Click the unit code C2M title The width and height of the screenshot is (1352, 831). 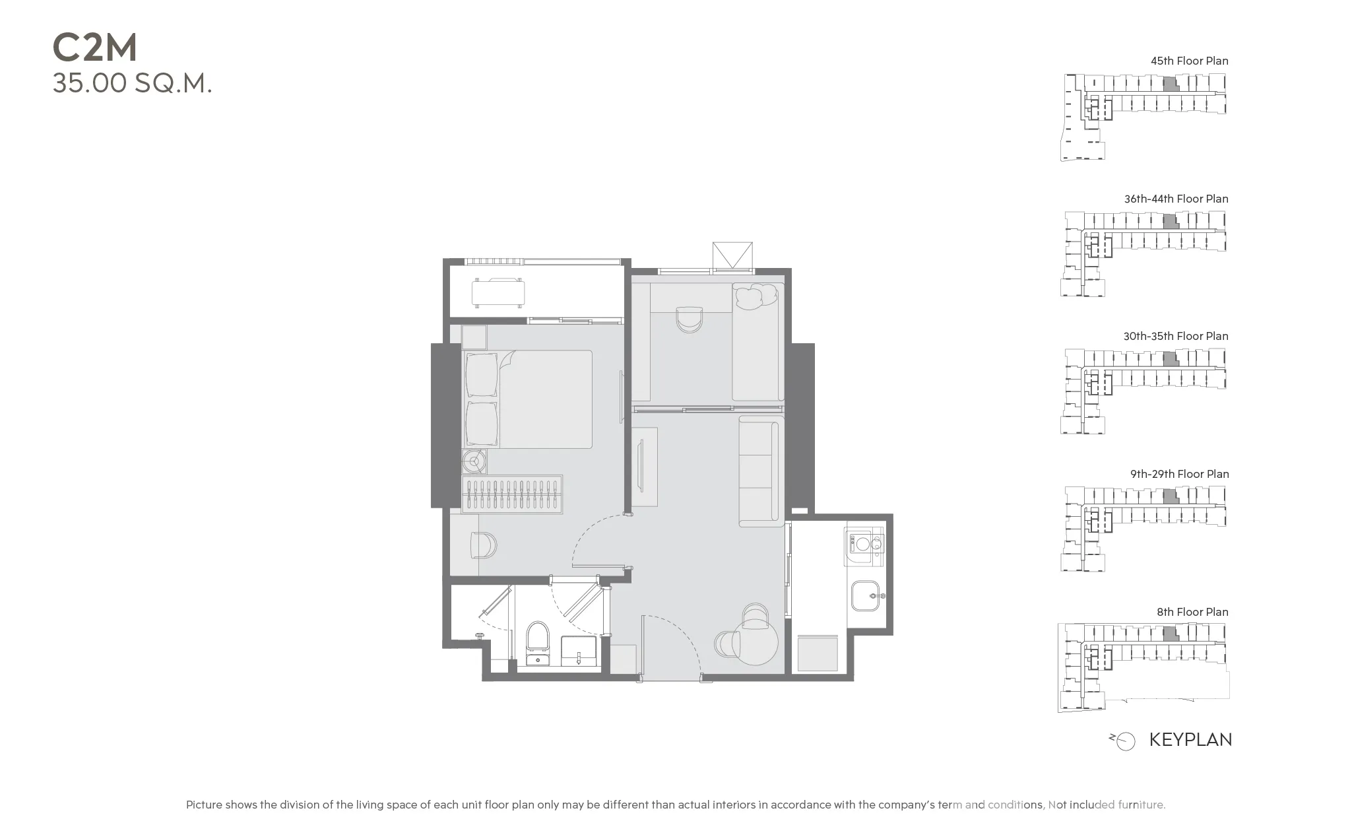tap(95, 48)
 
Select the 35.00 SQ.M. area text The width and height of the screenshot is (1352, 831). tap(132, 84)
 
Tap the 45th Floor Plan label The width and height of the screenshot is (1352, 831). tap(1189, 61)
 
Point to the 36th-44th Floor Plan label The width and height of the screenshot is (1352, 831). tap(1176, 199)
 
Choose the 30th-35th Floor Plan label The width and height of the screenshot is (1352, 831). tap(1176, 336)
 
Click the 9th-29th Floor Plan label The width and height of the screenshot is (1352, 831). tap(1179, 474)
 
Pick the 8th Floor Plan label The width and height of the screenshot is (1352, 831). tap(1192, 612)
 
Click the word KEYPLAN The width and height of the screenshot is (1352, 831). tap(1190, 740)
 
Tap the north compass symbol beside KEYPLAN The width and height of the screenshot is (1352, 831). tap(1122, 741)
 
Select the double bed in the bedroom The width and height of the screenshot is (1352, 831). tap(528, 399)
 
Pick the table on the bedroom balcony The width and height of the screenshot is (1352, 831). tap(498, 292)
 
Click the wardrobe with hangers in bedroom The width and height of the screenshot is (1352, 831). tap(512, 494)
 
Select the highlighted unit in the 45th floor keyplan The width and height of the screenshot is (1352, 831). tap(1169, 84)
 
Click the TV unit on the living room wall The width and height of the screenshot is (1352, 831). tap(643, 467)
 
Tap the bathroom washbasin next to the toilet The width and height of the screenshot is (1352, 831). tap(579, 651)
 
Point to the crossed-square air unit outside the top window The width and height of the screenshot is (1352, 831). tap(732, 255)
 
